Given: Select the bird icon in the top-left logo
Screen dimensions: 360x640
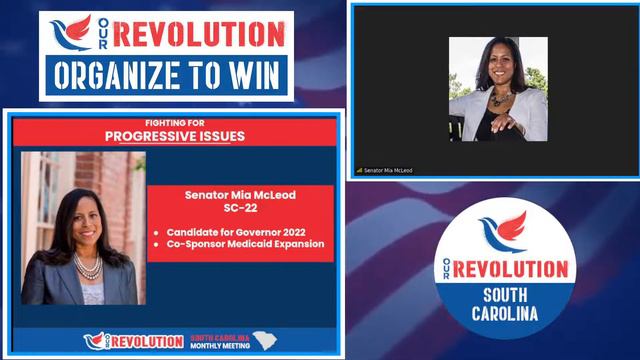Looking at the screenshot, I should (71, 31).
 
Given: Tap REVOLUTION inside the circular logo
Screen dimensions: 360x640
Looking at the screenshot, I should (510, 269).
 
